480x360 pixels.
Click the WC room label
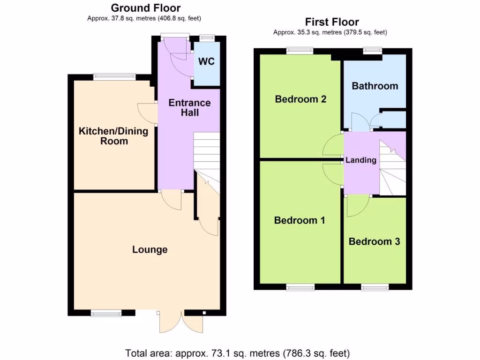206,61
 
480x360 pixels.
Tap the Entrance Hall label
189,107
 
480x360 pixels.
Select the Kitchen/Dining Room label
113,136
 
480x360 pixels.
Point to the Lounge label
150,249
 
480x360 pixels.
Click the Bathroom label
375,86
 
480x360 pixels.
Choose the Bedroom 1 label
300,220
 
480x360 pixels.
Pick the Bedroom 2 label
300,99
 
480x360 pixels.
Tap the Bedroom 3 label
374,241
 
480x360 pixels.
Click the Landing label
361,160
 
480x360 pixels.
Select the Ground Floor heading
145,8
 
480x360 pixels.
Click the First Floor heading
332,22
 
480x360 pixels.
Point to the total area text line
237,352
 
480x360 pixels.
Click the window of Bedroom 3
375,287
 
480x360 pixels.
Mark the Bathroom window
373,51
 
